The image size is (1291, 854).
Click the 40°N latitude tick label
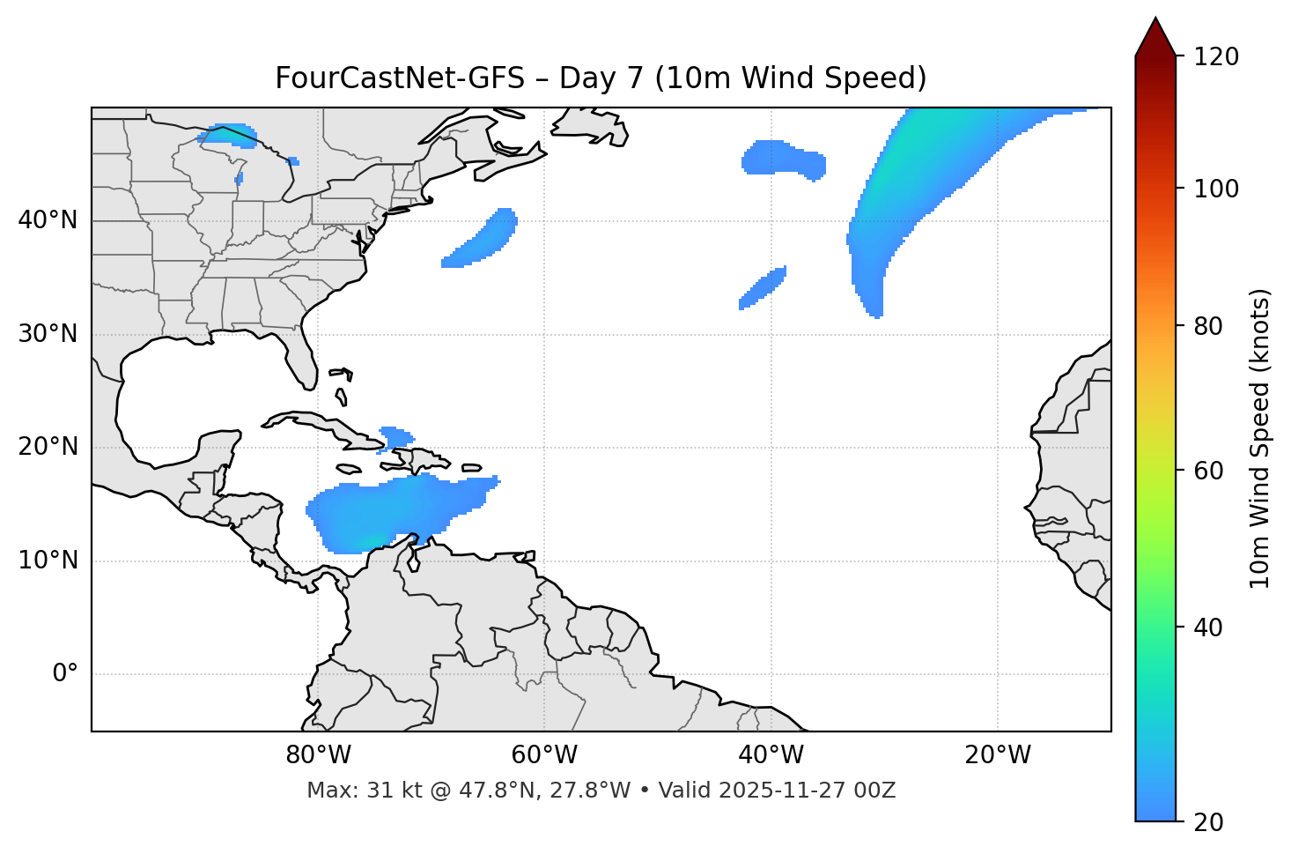tap(48, 220)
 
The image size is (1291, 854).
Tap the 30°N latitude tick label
tap(48, 334)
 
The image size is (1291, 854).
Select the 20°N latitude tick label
tap(48, 447)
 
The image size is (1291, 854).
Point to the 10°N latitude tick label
tap(48, 561)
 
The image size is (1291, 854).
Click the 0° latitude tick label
tap(65, 674)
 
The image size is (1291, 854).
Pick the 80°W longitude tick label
tap(318, 755)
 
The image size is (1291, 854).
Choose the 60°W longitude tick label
tap(544, 755)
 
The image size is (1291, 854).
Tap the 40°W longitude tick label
tap(771, 755)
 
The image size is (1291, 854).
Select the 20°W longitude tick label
tap(998, 755)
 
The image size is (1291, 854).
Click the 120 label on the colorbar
tap(1215, 57)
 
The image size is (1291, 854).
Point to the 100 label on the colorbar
tap(1215, 189)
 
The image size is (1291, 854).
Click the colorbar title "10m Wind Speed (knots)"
tap(1260, 438)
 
